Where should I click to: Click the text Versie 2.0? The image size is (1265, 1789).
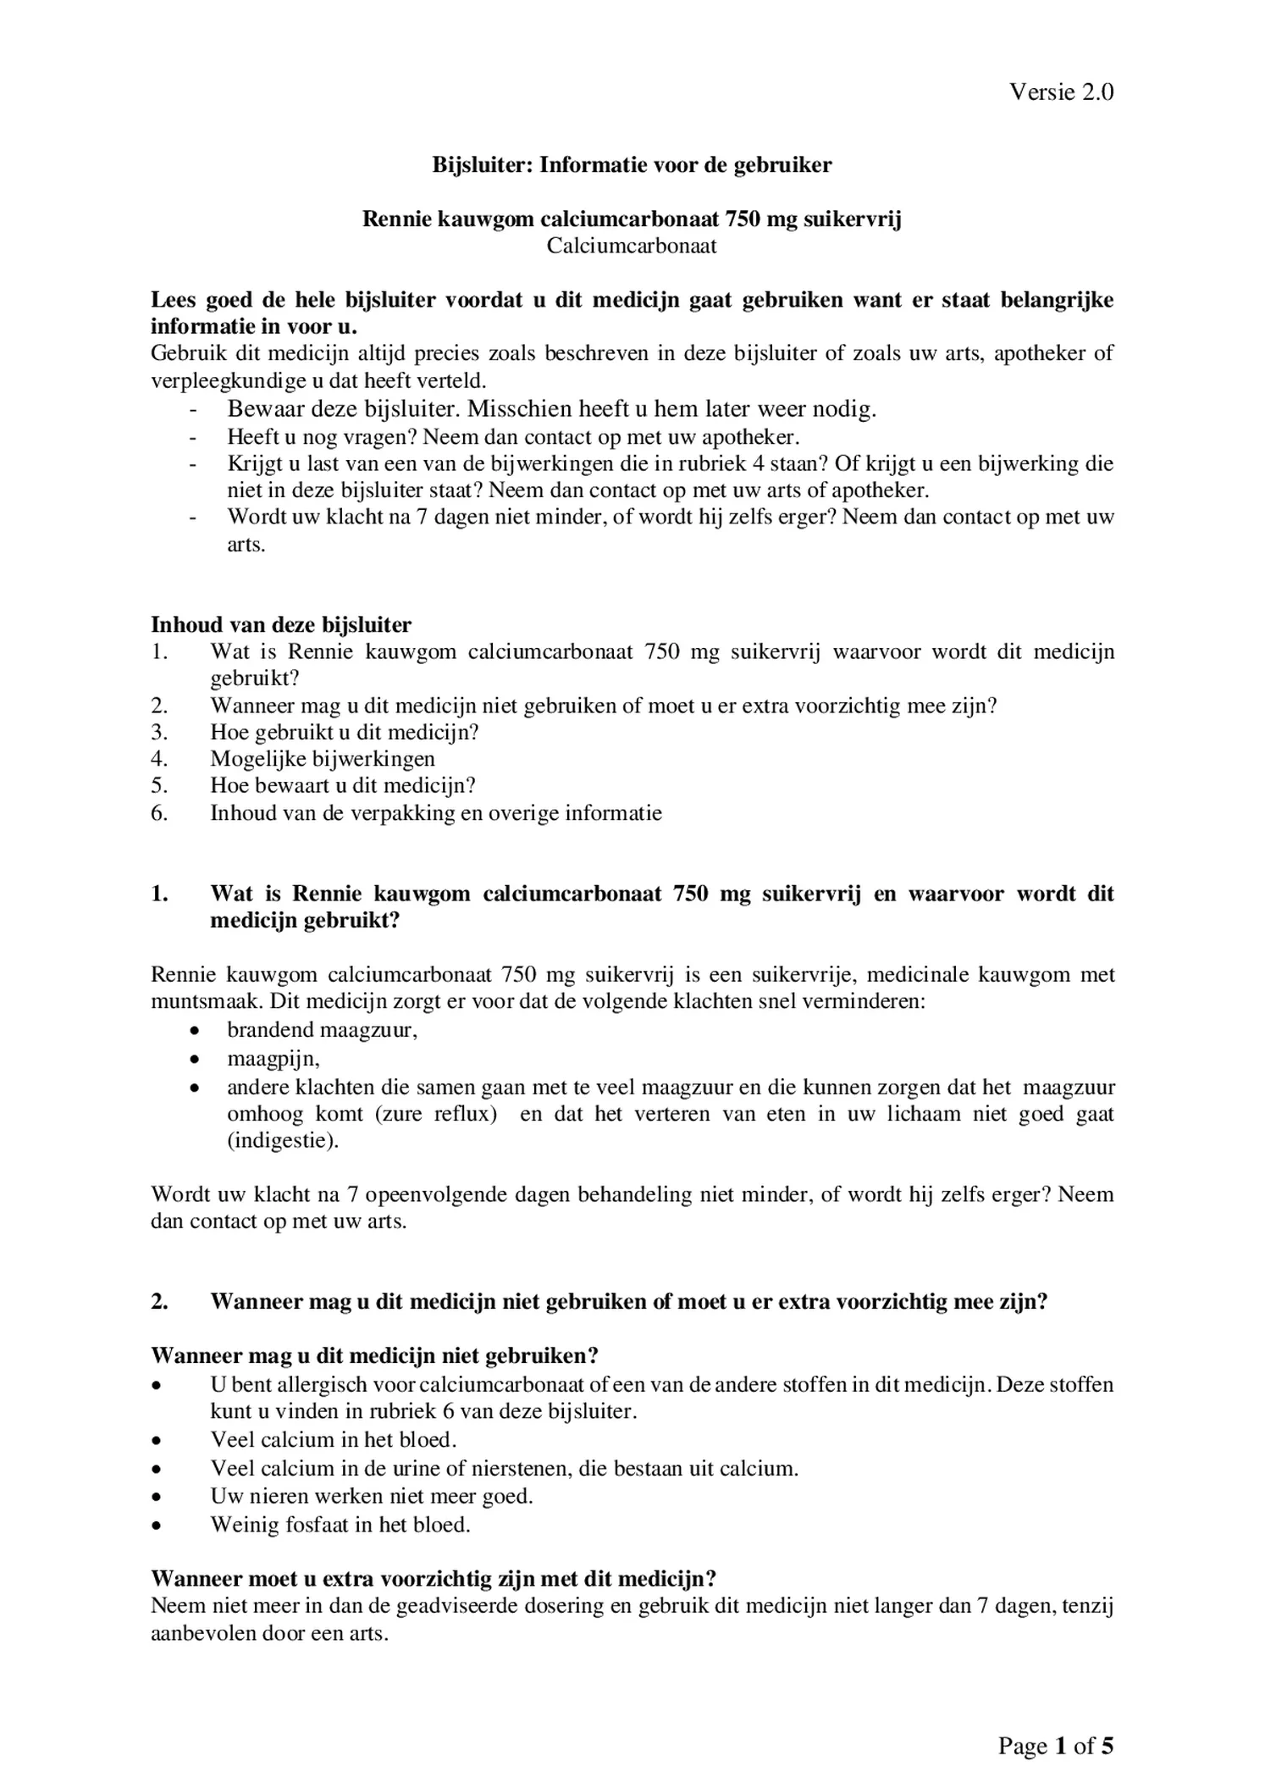pos(1060,92)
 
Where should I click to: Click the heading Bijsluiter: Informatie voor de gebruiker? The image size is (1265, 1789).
pos(632,165)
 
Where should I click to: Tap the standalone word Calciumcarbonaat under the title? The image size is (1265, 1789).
pos(632,246)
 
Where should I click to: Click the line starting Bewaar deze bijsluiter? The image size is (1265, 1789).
pos(551,410)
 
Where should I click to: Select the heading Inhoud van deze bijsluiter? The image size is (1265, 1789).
pos(281,625)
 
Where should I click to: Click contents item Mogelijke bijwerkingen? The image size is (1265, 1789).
pos(323,759)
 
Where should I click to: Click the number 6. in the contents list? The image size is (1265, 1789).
pos(160,813)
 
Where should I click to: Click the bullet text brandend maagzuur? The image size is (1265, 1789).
pos(322,1030)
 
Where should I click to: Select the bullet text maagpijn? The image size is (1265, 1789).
pos(273,1059)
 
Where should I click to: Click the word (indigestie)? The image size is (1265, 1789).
pos(283,1140)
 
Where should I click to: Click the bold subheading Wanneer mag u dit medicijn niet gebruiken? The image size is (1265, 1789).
pos(374,1356)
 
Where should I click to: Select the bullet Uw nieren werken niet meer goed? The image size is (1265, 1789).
pos(372,1496)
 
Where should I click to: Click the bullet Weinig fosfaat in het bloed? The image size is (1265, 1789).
pos(340,1525)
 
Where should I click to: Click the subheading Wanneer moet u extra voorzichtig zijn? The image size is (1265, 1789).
pos(434,1579)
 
